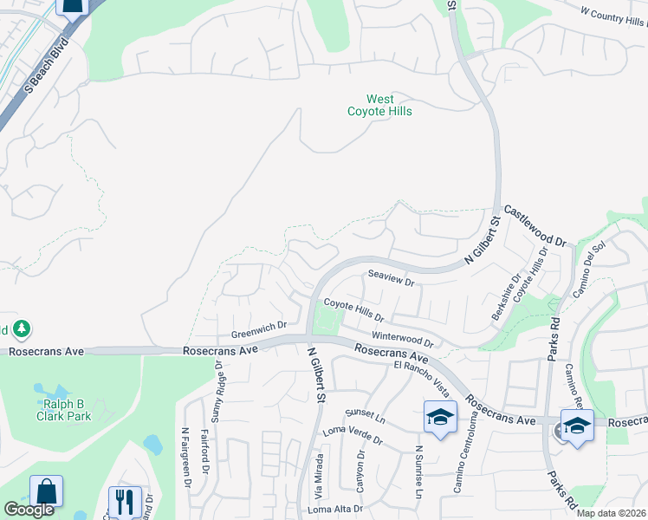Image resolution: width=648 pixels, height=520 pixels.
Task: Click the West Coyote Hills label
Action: pyautogui.click(x=379, y=105)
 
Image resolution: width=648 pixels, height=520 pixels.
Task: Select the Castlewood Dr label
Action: pyautogui.click(x=534, y=224)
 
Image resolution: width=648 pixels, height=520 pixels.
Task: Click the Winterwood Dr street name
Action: pyautogui.click(x=402, y=337)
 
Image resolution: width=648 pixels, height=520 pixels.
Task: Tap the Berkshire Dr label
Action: pyautogui.click(x=506, y=299)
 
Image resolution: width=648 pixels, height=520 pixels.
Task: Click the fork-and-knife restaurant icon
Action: pyautogui.click(x=124, y=501)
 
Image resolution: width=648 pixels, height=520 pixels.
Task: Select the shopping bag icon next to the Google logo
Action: pyautogui.click(x=46, y=491)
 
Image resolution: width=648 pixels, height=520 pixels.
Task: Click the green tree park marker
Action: pyautogui.click(x=21, y=329)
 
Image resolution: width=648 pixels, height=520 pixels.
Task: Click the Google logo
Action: pyautogui.click(x=29, y=510)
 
